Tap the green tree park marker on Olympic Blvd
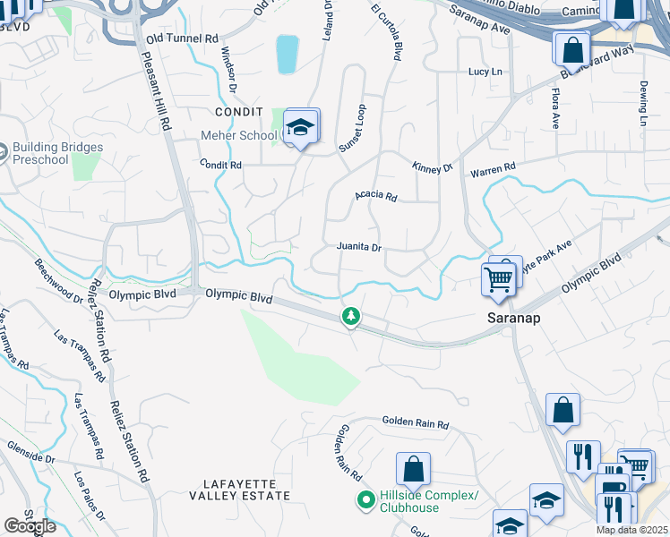[x=351, y=316]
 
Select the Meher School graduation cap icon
[x=302, y=127]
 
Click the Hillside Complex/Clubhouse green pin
[x=365, y=500]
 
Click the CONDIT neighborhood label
[x=236, y=112]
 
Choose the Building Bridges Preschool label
[x=57, y=153]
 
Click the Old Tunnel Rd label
[x=182, y=39]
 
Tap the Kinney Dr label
[x=434, y=167]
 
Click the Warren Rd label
[x=494, y=167]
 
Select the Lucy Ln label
[x=485, y=72]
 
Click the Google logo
[x=30, y=526]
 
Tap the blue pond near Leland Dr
[x=287, y=54]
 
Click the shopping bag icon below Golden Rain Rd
[x=413, y=468]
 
